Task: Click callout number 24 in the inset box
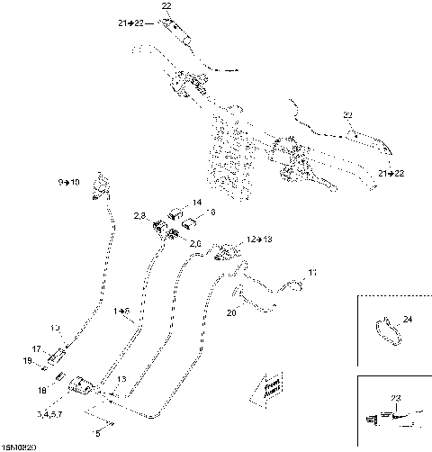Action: (x=408, y=319)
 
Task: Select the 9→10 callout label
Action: (x=69, y=182)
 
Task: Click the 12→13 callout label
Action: (x=259, y=240)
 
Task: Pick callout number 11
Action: (x=312, y=271)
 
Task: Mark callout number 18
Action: (x=42, y=392)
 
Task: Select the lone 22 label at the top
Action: (x=166, y=6)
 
